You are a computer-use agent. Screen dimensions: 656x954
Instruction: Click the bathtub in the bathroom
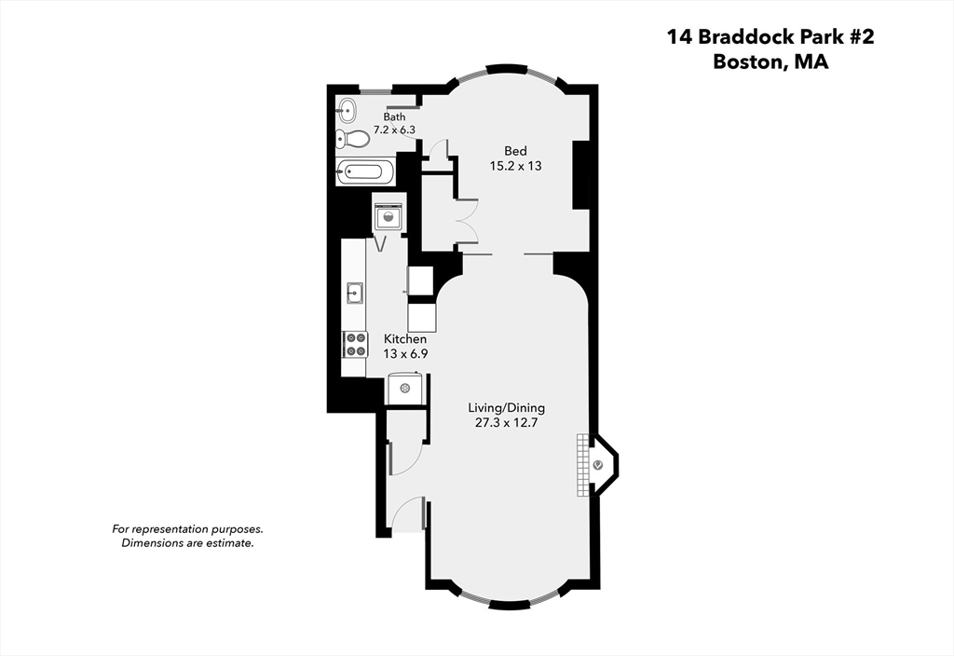tap(364, 171)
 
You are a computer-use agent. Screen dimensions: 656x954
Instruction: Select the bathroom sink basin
tap(346, 110)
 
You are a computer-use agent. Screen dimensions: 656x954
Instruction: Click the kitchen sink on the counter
tap(354, 293)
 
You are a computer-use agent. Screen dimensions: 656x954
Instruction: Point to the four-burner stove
tap(355, 345)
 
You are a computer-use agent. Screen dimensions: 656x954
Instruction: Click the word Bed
tap(515, 151)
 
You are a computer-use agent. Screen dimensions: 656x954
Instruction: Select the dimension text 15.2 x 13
tap(515, 166)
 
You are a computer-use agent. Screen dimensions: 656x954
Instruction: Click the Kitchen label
tap(405, 339)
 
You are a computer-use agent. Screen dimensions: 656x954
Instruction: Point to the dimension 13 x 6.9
tap(405, 353)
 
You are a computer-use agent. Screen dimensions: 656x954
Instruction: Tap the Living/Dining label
tap(507, 408)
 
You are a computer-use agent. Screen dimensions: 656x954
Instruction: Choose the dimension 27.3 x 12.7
tap(507, 423)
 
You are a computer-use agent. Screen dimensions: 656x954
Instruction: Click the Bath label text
tap(394, 116)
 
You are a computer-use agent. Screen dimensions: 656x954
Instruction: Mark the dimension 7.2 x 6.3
tap(394, 130)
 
